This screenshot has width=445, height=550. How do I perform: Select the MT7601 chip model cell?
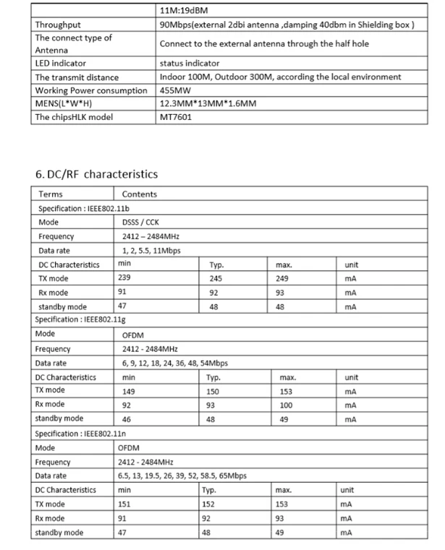tap(176, 116)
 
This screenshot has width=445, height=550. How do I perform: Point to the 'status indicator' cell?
tap(190, 64)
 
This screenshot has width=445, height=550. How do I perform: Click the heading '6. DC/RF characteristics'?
tap(96, 174)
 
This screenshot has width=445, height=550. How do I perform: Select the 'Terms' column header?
tap(51, 194)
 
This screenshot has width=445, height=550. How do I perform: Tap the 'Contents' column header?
tap(140, 194)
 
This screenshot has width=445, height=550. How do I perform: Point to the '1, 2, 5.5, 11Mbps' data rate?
tap(151, 251)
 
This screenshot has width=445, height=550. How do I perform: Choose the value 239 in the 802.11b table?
tap(124, 278)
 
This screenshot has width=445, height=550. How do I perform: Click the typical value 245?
tap(216, 278)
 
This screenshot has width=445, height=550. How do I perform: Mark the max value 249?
tap(282, 278)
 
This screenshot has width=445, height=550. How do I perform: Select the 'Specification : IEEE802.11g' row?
tap(80, 320)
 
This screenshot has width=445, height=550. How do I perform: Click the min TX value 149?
tap(129, 391)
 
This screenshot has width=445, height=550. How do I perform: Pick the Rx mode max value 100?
tap(286, 405)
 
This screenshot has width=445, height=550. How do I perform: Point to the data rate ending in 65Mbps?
tap(182, 476)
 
